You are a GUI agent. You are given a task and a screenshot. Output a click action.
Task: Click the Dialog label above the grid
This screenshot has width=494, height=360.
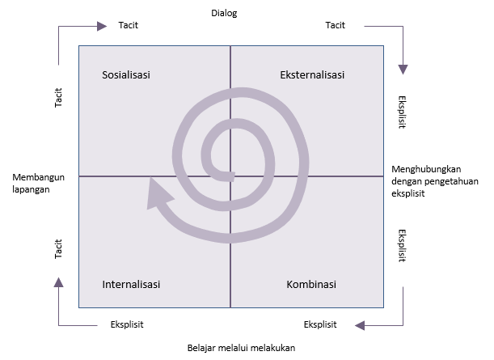click(x=224, y=14)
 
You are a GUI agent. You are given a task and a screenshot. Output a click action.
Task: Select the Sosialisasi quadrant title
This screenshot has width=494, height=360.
click(x=126, y=75)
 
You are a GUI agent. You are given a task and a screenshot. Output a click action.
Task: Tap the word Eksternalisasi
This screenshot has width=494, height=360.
click(x=312, y=75)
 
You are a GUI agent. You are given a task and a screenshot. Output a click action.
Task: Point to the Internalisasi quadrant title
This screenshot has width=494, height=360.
click(x=131, y=284)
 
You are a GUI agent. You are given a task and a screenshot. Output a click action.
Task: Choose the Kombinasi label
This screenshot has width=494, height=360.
click(x=311, y=284)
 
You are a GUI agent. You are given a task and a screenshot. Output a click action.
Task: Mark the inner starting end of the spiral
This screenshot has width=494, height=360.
click(x=233, y=176)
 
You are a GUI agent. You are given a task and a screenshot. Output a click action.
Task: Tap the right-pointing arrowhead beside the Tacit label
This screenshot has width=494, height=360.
click(x=102, y=26)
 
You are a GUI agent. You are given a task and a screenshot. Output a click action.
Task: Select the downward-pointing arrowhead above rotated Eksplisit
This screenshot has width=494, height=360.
click(x=403, y=70)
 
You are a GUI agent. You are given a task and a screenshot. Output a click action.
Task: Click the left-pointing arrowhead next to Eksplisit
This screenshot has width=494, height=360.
click(x=360, y=325)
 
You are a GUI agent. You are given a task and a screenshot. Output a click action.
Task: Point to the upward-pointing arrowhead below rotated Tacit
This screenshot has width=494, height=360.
click(x=58, y=282)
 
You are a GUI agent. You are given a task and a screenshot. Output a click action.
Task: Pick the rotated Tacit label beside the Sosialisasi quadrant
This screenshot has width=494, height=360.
click(x=58, y=98)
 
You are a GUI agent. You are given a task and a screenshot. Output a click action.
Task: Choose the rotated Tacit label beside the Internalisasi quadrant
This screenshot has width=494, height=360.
click(x=58, y=249)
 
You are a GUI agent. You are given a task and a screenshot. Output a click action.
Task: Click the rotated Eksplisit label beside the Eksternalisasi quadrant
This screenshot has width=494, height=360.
click(x=402, y=112)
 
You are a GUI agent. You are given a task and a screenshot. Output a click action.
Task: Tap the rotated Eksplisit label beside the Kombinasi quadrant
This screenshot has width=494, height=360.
click(x=402, y=246)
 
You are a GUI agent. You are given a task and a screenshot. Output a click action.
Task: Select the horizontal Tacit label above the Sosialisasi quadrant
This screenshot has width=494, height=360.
click(x=129, y=25)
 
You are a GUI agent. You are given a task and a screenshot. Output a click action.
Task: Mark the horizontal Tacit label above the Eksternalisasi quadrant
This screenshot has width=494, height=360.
click(x=336, y=25)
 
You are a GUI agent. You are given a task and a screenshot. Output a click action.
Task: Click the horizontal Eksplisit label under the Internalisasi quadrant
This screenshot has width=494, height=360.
click(x=127, y=324)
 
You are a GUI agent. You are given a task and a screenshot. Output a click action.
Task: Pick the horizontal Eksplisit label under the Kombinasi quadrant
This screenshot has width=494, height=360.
click(x=320, y=324)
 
